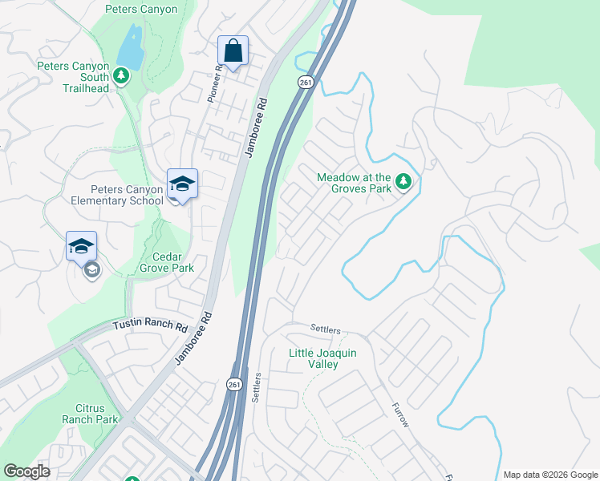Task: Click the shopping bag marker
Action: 233,52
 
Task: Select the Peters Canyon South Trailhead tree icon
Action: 120,76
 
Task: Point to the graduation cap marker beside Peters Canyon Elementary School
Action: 182,184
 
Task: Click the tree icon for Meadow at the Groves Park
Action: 403,183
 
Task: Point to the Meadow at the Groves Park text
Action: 354,183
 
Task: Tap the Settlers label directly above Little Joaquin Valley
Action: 326,330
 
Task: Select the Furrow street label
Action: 401,414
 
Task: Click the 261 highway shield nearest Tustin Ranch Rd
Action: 233,385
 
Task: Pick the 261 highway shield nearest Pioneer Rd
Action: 304,82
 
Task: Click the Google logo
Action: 26,471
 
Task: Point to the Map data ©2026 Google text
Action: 549,475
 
